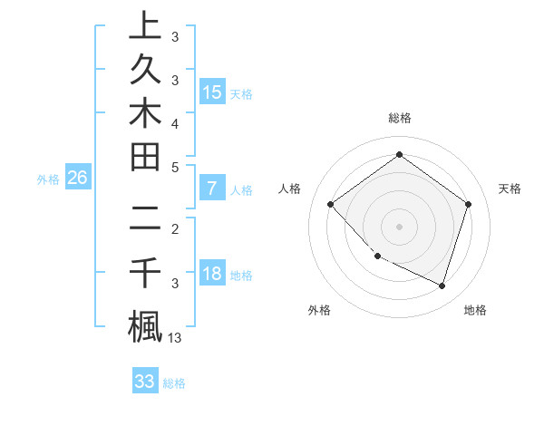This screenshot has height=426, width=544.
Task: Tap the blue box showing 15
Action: (211, 92)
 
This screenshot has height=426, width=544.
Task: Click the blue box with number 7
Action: (211, 189)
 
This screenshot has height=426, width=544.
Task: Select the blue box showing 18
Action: (211, 275)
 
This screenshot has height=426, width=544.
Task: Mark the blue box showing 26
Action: (77, 178)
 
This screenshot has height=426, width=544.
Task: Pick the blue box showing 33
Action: (145, 382)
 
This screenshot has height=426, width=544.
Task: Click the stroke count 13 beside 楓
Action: (176, 338)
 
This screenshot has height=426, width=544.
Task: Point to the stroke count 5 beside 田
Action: (175, 166)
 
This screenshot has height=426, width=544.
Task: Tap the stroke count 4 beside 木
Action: (175, 121)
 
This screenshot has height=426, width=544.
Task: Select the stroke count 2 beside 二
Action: (175, 228)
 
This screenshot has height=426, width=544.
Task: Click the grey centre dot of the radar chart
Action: (399, 226)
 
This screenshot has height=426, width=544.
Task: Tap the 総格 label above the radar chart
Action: (399, 118)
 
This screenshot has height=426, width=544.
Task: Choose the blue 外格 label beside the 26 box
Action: (48, 179)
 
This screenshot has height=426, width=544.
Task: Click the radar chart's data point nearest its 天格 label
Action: (468, 204)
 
